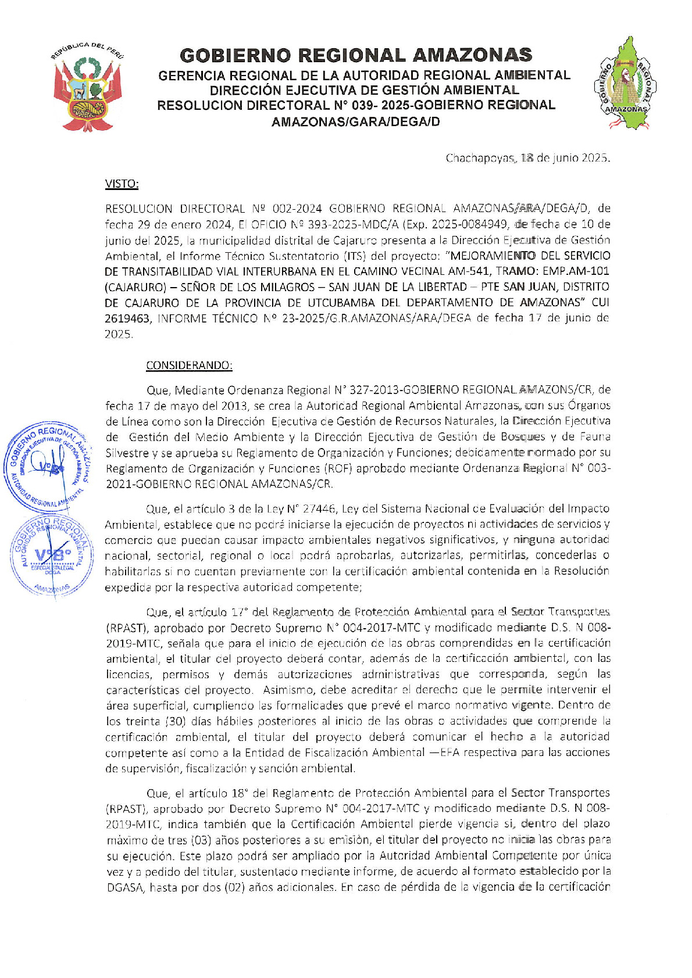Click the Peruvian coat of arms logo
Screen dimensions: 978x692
[x=87, y=87]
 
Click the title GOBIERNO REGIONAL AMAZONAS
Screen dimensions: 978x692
[x=356, y=55]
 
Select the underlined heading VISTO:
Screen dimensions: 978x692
[x=122, y=184]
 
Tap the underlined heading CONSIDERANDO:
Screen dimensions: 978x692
[x=189, y=366]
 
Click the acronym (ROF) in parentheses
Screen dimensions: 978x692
[x=339, y=468]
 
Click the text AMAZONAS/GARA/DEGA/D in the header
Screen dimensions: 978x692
[x=356, y=122]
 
